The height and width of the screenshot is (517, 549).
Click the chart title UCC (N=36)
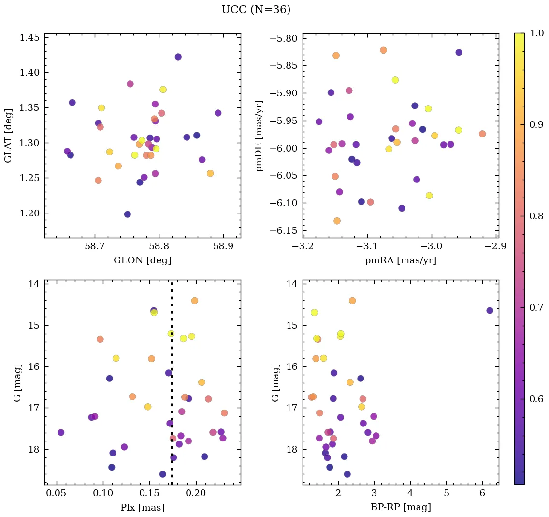256,10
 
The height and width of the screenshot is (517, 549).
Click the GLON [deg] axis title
142,260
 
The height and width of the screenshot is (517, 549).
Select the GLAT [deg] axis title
8,136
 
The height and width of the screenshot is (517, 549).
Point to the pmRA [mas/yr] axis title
400,260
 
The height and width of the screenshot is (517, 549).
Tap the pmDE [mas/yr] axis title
260,136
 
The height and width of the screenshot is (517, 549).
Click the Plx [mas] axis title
142,507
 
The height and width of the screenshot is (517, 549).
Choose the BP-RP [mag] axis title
400,507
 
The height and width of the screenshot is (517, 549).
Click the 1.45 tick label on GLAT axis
30,37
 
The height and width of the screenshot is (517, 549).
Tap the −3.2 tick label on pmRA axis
303,247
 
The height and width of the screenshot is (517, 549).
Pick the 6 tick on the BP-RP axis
482,494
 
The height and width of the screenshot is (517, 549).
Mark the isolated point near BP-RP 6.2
490,310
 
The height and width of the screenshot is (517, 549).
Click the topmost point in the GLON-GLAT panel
178,57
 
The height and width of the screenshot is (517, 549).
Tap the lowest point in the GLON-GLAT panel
127,214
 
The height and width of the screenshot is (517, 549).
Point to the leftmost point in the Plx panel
60,432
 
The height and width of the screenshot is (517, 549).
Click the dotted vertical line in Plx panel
172,387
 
